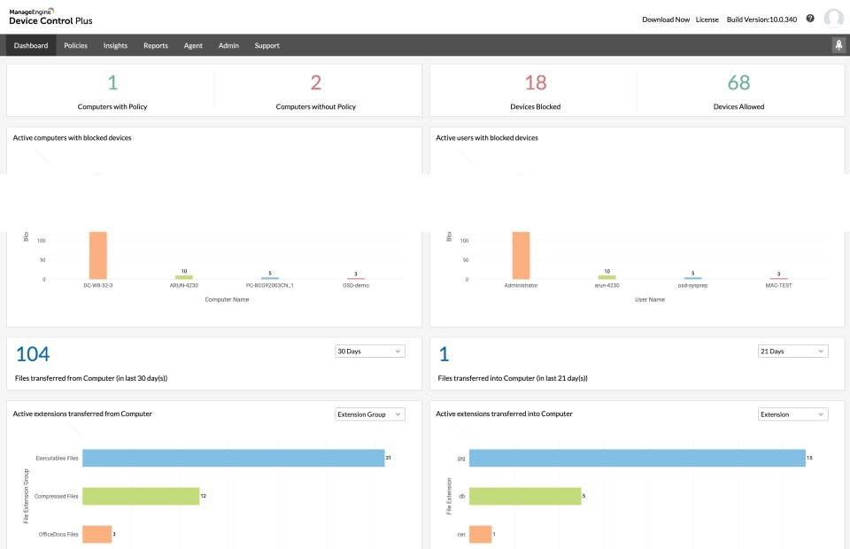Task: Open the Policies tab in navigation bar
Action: [75, 45]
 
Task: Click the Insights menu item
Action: [115, 45]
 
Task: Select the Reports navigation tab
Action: [155, 45]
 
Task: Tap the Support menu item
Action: [267, 45]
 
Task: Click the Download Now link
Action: [665, 19]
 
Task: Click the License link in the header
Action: [707, 19]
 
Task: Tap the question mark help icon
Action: [810, 19]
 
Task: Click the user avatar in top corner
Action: [833, 19]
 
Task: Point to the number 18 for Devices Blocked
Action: [535, 82]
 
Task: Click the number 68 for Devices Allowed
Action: [738, 82]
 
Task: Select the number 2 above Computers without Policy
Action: [316, 82]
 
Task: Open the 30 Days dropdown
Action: [370, 352]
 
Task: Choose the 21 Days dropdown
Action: [792, 352]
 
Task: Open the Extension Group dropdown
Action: [370, 414]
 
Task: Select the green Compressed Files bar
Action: [141, 496]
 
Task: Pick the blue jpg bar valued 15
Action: [637, 458]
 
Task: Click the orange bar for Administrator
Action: [521, 255]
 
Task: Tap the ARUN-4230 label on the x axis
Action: [183, 286]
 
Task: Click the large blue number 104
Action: [34, 354]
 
